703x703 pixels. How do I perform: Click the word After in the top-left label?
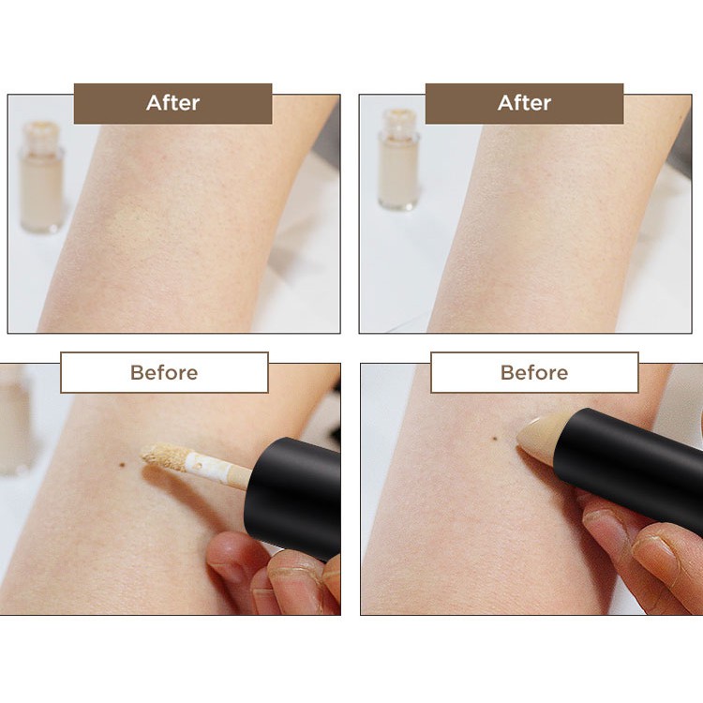[172, 103]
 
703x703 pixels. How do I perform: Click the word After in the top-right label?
[524, 103]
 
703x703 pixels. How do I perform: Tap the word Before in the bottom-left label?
[164, 372]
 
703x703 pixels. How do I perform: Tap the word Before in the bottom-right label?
[534, 372]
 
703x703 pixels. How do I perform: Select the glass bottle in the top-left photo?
[40, 177]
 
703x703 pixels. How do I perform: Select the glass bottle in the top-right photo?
[398, 159]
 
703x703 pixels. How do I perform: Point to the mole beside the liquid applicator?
[122, 465]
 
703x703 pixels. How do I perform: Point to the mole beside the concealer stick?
[496, 438]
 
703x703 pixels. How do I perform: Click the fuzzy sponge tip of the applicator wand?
[164, 456]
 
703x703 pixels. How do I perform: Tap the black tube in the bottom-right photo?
[628, 466]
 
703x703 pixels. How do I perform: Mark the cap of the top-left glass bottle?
[41, 134]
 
